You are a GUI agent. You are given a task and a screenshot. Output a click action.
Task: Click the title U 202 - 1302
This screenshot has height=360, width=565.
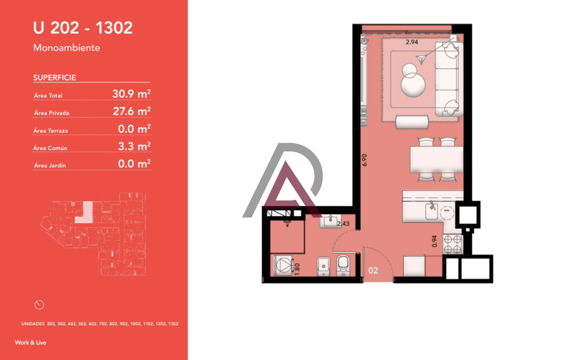tap(83, 28)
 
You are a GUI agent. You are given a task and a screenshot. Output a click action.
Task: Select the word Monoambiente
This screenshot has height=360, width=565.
tap(66, 48)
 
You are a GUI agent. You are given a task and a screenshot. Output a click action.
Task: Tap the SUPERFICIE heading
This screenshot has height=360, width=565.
tap(55, 78)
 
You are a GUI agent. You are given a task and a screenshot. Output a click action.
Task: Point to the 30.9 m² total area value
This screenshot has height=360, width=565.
tap(131, 94)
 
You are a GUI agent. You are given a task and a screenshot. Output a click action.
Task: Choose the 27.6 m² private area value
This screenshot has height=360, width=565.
tap(131, 111)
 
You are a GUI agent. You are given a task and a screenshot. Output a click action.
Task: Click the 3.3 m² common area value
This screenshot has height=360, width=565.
tap(134, 146)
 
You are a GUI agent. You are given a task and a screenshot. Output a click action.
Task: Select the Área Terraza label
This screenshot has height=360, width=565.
tap(51, 131)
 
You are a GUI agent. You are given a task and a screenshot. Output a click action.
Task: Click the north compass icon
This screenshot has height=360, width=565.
tap(40, 304)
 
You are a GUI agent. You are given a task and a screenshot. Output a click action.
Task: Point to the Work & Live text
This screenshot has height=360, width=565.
tap(31, 343)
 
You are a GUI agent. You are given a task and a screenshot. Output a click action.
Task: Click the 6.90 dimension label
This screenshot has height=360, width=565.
tap(364, 158)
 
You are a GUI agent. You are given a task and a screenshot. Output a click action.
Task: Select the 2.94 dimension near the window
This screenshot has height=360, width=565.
tap(412, 42)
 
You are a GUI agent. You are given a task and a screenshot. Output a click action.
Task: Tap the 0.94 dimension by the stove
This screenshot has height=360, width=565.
tap(435, 242)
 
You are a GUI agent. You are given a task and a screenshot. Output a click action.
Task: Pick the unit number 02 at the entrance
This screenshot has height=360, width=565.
tap(373, 271)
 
